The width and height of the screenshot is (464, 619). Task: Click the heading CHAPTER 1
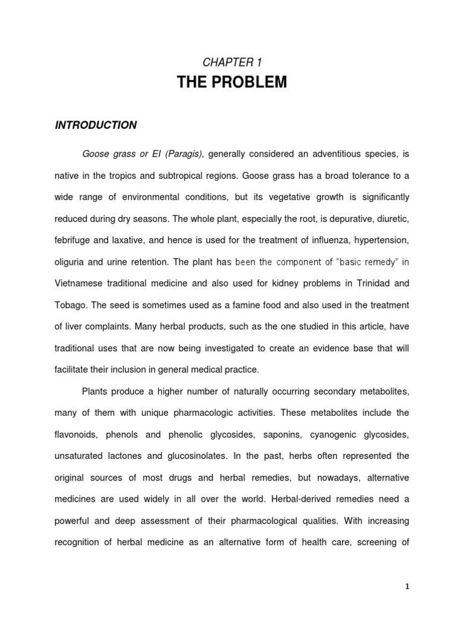(x=232, y=62)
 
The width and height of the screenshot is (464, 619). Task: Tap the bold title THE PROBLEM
(x=232, y=82)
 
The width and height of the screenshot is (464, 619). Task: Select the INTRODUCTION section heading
(x=96, y=125)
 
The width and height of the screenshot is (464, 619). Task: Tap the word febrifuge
(x=76, y=241)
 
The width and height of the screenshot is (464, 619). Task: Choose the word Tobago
(x=71, y=305)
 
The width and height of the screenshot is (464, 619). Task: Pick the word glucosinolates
(x=234, y=456)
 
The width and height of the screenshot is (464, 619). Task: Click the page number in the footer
(x=407, y=586)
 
